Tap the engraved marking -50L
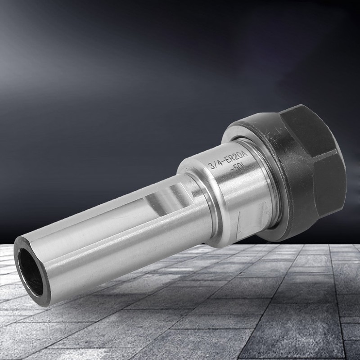238,170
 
